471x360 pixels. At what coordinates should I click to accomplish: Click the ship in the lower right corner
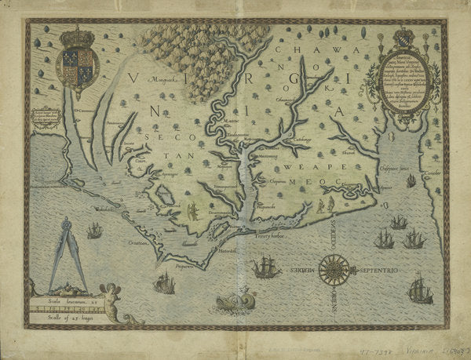tap(420, 290)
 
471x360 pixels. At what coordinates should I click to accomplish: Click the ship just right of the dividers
tap(95, 231)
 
